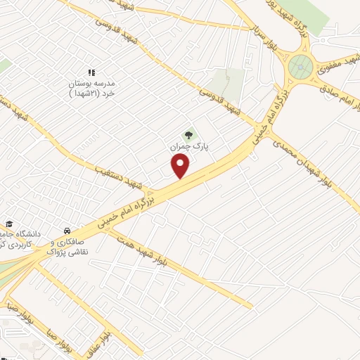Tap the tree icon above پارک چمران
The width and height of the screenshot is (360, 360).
point(188,134)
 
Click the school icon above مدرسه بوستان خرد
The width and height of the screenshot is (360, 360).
point(91,72)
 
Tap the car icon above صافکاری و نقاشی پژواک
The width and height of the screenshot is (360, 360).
point(66,231)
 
